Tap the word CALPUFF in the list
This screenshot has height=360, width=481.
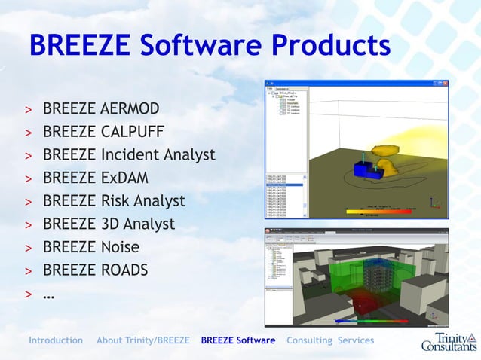[133, 133]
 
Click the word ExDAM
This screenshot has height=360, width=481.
[124, 178]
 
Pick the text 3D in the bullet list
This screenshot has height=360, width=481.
[111, 224]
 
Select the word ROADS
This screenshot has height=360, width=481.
[125, 270]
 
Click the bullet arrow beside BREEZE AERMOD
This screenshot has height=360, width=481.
[28, 111]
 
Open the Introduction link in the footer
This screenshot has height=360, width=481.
[56, 340]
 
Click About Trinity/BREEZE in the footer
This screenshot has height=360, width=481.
[143, 340]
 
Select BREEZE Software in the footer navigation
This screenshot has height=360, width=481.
[238, 340]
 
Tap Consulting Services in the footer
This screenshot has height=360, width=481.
[330, 340]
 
